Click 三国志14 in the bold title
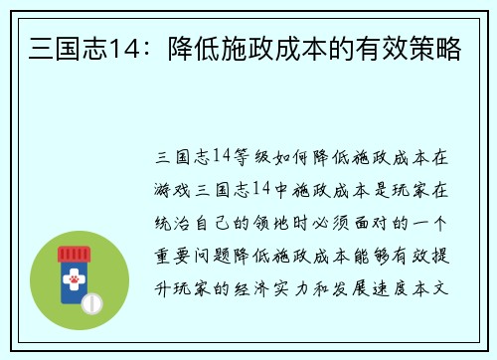pos(75,47)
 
